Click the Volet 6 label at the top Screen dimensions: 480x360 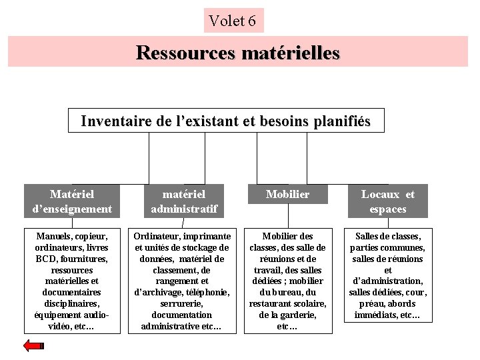click(x=233, y=21)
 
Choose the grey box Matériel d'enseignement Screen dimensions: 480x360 click(x=72, y=201)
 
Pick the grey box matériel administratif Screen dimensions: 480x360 click(x=183, y=201)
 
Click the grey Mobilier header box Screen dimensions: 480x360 click(x=287, y=194)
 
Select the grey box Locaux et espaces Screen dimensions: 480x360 click(x=387, y=201)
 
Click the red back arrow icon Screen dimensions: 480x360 click(x=33, y=345)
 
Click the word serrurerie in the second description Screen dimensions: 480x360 click(x=182, y=304)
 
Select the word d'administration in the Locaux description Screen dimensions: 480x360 click(x=387, y=281)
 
